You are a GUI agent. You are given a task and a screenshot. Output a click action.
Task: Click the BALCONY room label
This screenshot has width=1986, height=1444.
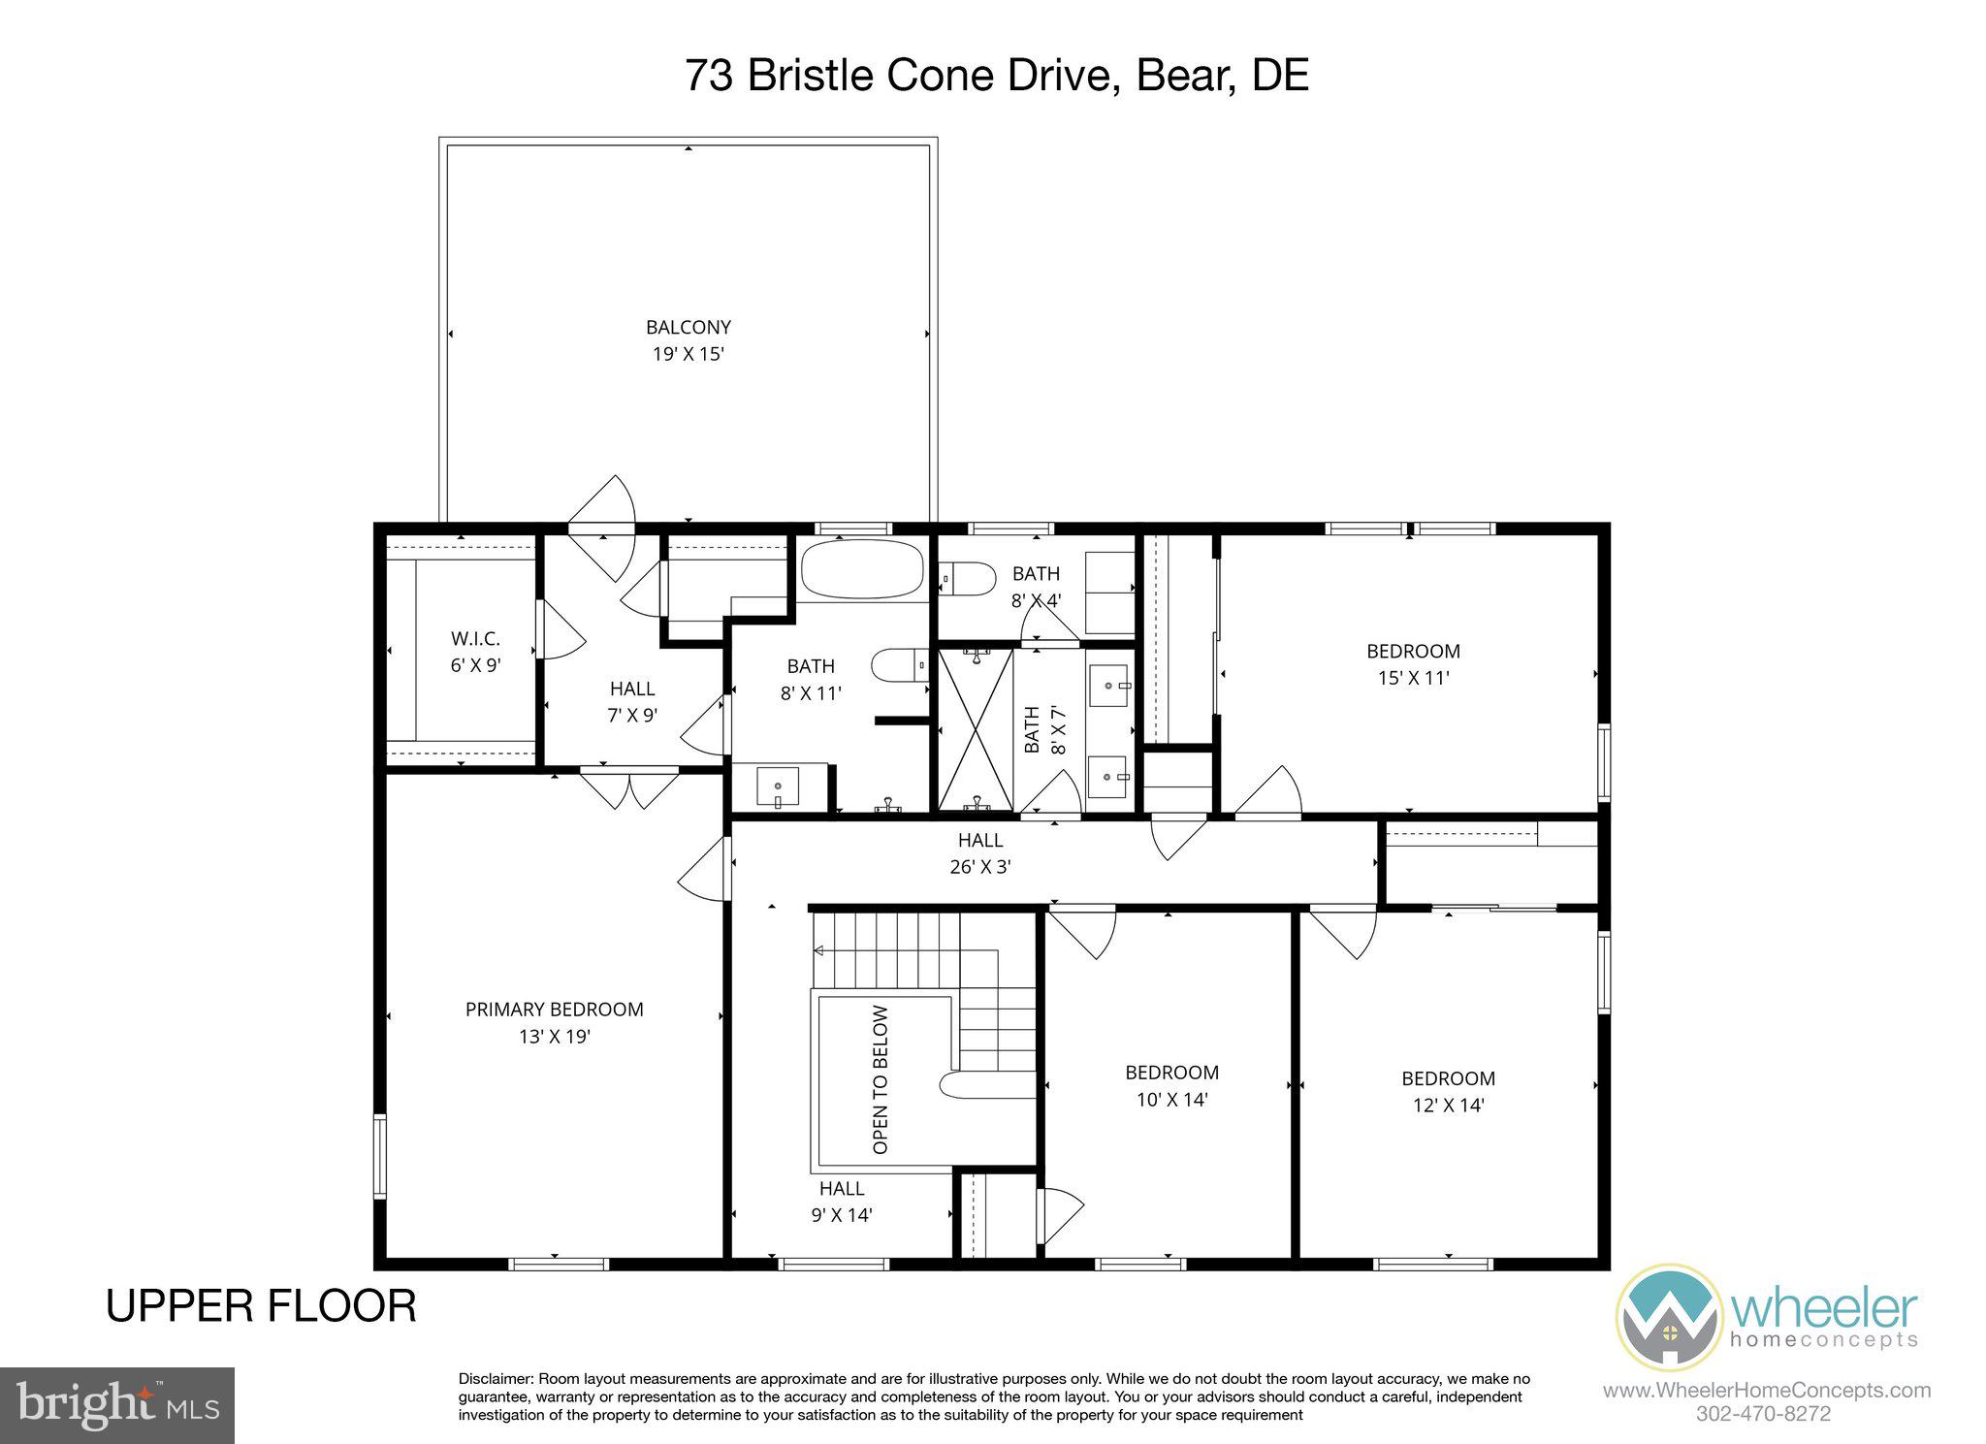pos(688,328)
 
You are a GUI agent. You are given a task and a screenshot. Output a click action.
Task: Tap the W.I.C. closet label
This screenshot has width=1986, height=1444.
pos(475,639)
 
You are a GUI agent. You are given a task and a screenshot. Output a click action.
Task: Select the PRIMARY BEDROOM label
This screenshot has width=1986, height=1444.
pos(554,1010)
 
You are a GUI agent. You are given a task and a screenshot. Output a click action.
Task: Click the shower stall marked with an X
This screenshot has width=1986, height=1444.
pos(976,729)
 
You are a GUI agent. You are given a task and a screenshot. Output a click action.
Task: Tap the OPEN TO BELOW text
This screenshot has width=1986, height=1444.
pos(881,1079)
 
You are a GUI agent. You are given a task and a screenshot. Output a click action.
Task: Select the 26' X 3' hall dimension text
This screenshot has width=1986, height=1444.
pos(980,867)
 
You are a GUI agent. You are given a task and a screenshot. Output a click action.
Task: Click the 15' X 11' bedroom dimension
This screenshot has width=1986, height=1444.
pos(1413,678)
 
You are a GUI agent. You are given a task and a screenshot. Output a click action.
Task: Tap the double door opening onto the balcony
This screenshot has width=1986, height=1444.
pos(601,529)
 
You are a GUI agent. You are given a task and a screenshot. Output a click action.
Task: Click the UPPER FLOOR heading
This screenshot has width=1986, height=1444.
pos(261,1305)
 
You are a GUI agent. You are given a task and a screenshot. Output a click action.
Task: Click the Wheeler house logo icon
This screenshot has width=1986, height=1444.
pos(1668,1317)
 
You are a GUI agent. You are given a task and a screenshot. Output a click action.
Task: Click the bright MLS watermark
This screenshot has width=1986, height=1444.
pos(116,1405)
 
